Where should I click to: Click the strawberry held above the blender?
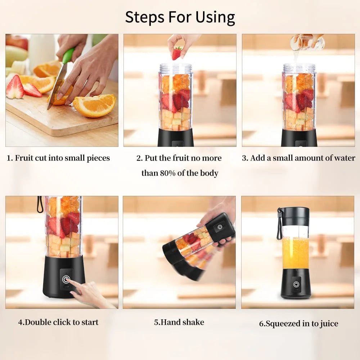click(177, 53)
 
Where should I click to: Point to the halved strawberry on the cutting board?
click(15, 87)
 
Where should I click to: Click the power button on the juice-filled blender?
click(296, 284)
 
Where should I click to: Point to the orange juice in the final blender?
click(296, 252)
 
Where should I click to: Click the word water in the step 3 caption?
click(343, 158)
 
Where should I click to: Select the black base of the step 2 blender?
click(176, 138)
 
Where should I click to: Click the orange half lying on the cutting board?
click(95, 105)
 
